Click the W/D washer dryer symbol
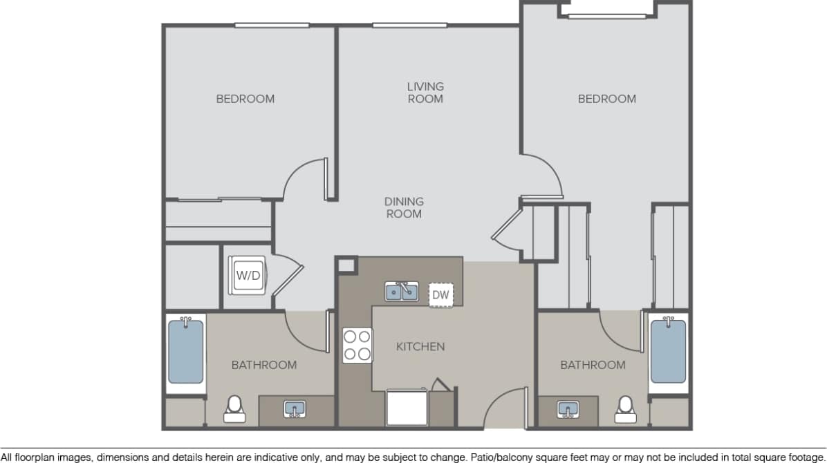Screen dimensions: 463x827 (248, 275)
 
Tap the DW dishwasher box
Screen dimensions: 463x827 (440, 295)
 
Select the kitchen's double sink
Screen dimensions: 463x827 (402, 292)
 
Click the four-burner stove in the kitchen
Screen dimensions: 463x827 (357, 346)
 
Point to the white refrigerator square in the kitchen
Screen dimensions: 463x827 (407, 408)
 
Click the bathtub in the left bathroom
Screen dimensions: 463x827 (186, 352)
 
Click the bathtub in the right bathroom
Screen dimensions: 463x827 (668, 352)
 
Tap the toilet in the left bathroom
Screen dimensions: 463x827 (234, 408)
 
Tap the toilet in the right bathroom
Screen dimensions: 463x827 (626, 408)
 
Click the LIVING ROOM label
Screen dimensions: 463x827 (425, 93)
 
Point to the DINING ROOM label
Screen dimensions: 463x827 (404, 208)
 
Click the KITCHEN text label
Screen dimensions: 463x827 (420, 346)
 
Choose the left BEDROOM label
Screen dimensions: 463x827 (245, 99)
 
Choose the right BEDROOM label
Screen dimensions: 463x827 (606, 99)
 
